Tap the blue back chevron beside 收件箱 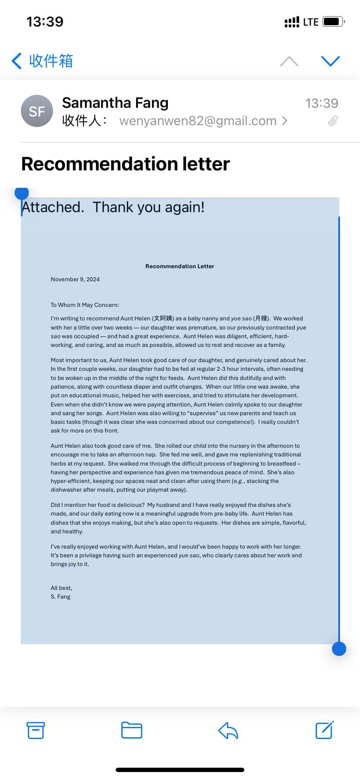pyautogui.click(x=17, y=61)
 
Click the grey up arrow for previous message pyautogui.click(x=289, y=61)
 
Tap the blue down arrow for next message pyautogui.click(x=330, y=61)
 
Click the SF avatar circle pyautogui.click(x=37, y=111)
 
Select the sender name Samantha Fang pyautogui.click(x=115, y=103)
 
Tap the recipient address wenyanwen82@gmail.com pyautogui.click(x=198, y=121)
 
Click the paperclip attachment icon pyautogui.click(x=333, y=121)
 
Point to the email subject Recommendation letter pyautogui.click(x=125, y=164)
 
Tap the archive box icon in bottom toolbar pyautogui.click(x=36, y=730)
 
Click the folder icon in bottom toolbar pyautogui.click(x=131, y=730)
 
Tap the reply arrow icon pyautogui.click(x=228, y=730)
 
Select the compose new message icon pyautogui.click(x=324, y=730)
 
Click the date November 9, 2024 pyautogui.click(x=75, y=280)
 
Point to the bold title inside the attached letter pyautogui.click(x=180, y=266)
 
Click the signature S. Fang pyautogui.click(x=60, y=597)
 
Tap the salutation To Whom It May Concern pyautogui.click(x=85, y=305)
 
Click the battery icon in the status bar pyautogui.click(x=333, y=22)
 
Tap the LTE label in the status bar pyautogui.click(x=310, y=22)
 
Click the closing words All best pyautogui.click(x=61, y=588)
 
